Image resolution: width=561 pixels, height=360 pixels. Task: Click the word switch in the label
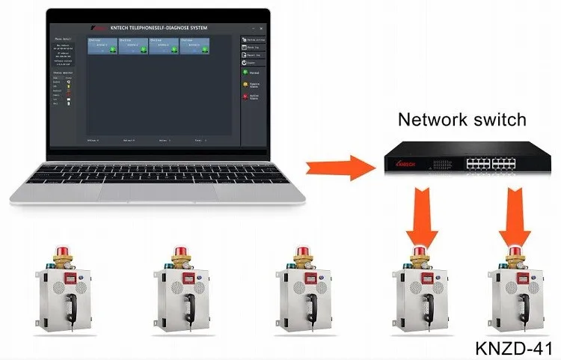point(501,119)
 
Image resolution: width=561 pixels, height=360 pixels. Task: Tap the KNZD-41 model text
point(513,348)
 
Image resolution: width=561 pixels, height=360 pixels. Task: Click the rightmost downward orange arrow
point(515,217)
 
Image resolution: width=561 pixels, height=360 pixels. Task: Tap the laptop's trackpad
point(157,192)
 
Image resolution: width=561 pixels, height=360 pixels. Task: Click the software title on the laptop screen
point(159,28)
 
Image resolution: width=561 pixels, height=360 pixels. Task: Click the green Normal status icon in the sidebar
point(245,72)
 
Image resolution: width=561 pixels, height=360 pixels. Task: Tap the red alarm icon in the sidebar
point(245,96)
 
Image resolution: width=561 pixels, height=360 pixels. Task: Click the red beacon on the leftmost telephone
point(61,250)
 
